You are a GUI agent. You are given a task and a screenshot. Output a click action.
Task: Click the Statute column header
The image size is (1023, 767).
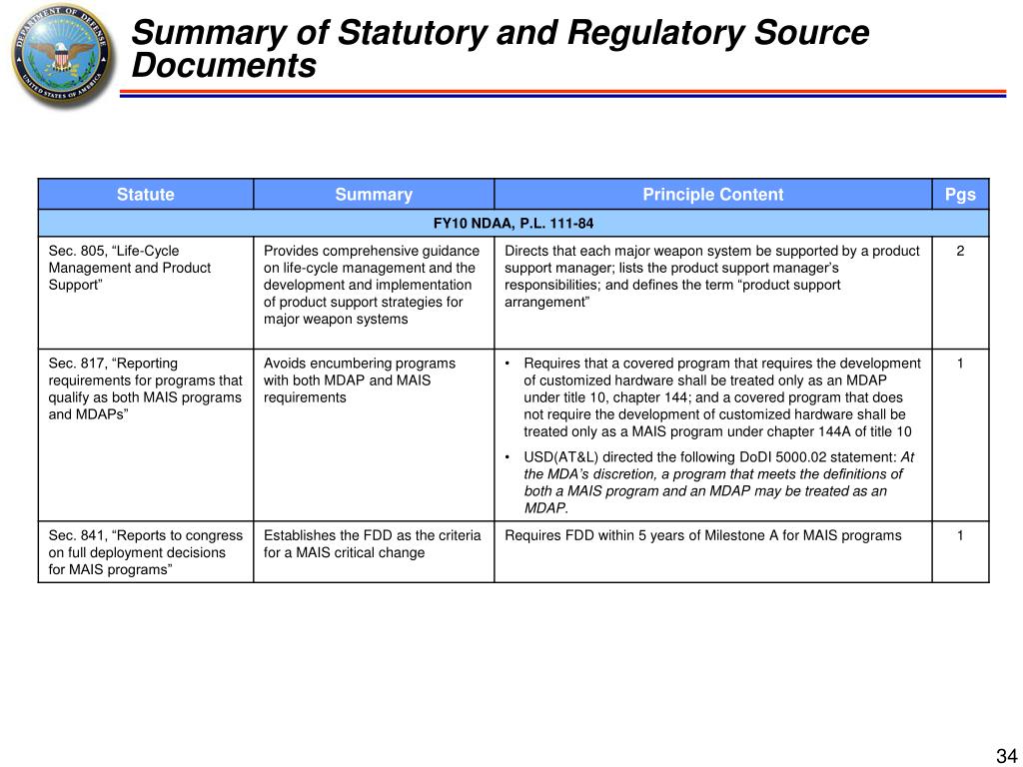pyautogui.click(x=145, y=195)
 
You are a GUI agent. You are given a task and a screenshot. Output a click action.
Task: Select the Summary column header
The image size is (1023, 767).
pyautogui.click(x=374, y=195)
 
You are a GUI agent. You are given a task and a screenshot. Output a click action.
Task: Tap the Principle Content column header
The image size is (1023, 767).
pyautogui.click(x=712, y=195)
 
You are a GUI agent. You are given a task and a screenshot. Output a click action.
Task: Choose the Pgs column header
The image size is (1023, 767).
pyautogui.click(x=960, y=195)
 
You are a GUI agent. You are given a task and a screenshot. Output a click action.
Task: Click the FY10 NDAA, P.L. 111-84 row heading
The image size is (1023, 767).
pyautogui.click(x=513, y=223)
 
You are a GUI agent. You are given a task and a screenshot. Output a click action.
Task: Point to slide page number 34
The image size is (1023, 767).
pyautogui.click(x=1004, y=755)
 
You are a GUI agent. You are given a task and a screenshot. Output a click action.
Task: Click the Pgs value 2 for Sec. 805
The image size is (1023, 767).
pyautogui.click(x=960, y=251)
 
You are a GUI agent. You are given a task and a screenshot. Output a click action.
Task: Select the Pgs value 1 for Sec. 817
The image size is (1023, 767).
pyautogui.click(x=960, y=364)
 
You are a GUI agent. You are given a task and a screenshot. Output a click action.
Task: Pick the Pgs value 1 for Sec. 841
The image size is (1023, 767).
pyautogui.click(x=960, y=535)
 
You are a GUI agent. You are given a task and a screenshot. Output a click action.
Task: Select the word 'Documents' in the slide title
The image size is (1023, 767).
pyautogui.click(x=225, y=67)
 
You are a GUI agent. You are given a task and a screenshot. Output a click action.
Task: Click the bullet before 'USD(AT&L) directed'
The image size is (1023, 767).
pyautogui.click(x=509, y=457)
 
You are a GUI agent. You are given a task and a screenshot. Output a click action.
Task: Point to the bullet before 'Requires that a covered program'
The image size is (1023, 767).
pyautogui.click(x=509, y=364)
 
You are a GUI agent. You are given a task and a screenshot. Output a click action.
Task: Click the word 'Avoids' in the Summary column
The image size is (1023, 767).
pyautogui.click(x=285, y=364)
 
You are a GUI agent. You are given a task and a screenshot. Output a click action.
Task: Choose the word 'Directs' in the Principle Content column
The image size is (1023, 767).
pyautogui.click(x=526, y=251)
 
